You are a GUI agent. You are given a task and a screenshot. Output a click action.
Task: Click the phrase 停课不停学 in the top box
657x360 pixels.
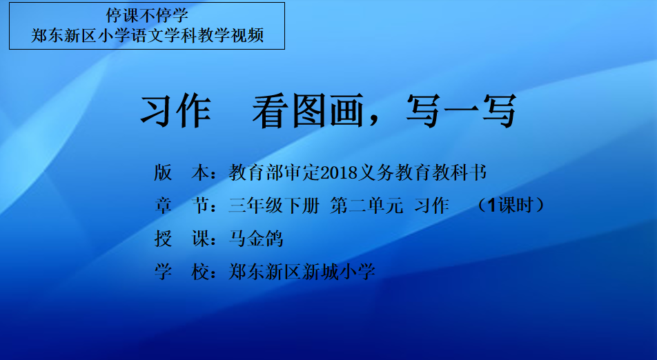tap(147, 15)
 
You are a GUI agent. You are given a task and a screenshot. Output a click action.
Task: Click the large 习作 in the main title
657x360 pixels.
tap(175, 111)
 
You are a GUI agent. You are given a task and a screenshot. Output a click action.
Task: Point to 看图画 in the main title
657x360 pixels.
tap(308, 111)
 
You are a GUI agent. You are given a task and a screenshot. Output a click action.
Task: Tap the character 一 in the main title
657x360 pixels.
tap(461, 111)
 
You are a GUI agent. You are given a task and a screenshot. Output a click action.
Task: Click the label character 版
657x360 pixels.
tap(163, 172)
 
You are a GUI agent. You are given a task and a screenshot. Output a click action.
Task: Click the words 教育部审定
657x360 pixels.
tap(275, 172)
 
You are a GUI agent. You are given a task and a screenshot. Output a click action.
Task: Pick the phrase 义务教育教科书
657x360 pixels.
tap(422, 172)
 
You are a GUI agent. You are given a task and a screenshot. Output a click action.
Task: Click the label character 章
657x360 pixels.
tap(163, 206)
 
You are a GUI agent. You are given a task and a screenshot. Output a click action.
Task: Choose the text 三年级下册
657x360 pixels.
tap(274, 206)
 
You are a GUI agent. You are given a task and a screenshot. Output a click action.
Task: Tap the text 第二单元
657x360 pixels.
tap(366, 206)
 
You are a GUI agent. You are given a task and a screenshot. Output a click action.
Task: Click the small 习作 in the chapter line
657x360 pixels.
tap(432, 206)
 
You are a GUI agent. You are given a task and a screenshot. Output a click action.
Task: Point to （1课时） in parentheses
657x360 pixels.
tap(511, 206)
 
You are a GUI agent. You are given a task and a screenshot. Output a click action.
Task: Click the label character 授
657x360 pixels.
tap(163, 239)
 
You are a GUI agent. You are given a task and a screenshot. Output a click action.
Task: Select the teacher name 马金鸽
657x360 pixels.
tap(256, 239)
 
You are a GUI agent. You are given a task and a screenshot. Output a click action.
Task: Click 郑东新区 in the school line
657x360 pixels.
tap(265, 272)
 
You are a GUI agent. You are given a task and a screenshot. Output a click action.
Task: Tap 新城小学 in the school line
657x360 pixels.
tap(339, 272)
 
